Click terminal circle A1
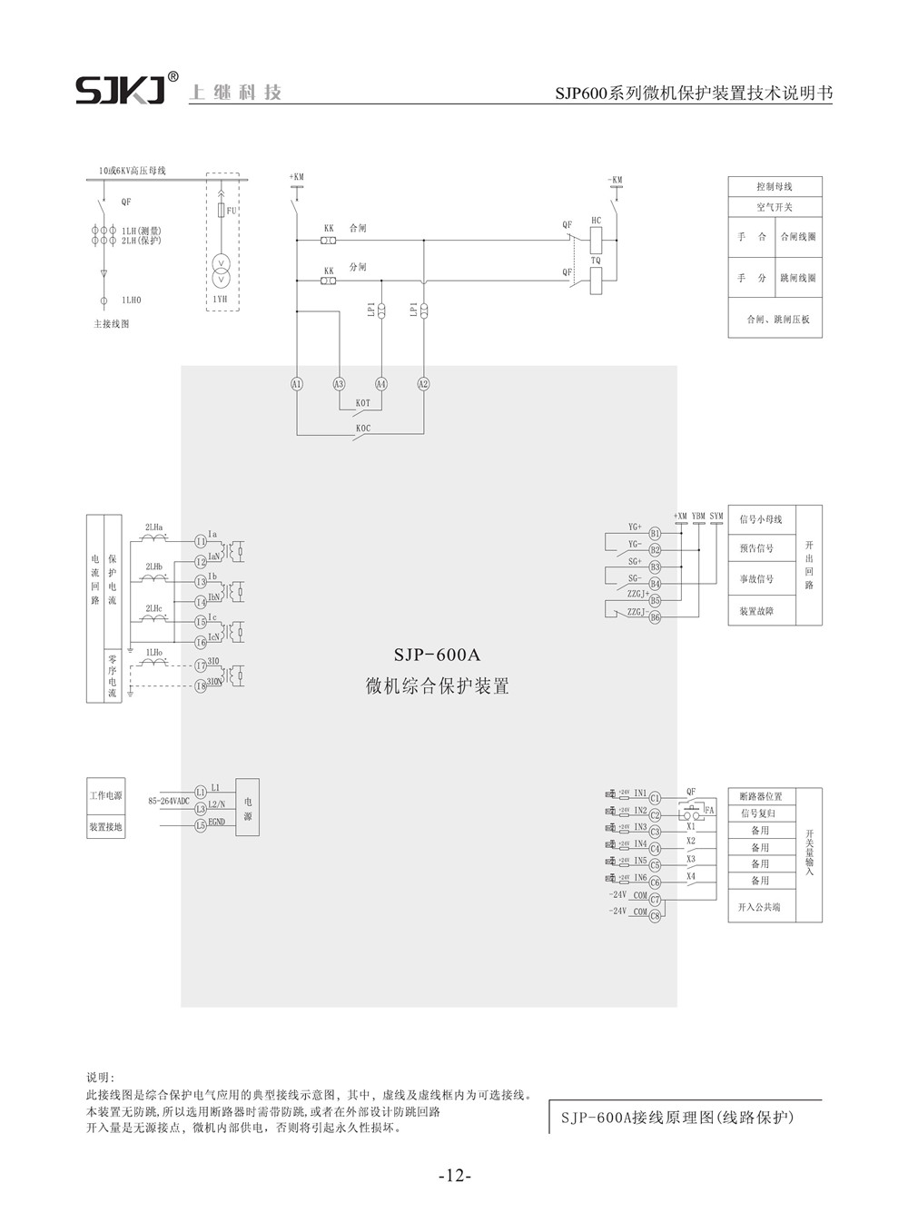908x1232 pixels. (x=296, y=384)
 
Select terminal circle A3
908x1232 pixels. (x=340, y=384)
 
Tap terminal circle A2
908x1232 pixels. (x=423, y=384)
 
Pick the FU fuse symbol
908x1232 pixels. (x=221, y=211)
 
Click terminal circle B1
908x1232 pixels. (x=655, y=534)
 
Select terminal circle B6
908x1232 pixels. (x=655, y=616)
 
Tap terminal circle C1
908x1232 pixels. (x=655, y=798)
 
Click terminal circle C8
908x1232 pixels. (x=655, y=914)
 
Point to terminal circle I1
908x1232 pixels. (x=201, y=541)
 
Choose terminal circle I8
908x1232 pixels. (x=201, y=686)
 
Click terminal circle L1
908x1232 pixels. (x=201, y=792)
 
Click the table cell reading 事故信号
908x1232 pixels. (x=756, y=579)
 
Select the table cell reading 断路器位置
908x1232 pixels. (x=761, y=796)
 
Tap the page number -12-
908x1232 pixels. (x=454, y=1177)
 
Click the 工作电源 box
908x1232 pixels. (x=105, y=795)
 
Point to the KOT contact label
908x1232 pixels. (x=362, y=401)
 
